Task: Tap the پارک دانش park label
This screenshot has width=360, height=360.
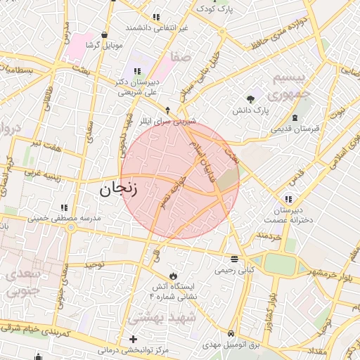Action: point(251,111)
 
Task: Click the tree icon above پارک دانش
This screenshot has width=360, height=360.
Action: point(251,98)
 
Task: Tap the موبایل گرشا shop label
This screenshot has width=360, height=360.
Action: point(104,45)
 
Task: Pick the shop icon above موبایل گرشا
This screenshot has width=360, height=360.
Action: point(105,34)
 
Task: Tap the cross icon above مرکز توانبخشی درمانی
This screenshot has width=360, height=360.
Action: point(133,339)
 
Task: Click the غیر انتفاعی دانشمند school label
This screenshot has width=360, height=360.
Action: point(157,27)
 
